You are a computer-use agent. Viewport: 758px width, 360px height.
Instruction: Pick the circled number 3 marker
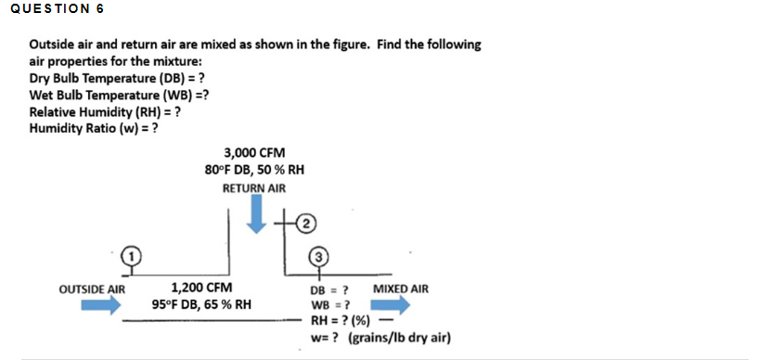coord(319,254)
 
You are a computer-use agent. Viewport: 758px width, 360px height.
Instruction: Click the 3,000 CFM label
coord(254,152)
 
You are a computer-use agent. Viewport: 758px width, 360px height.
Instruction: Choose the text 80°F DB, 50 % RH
coord(254,170)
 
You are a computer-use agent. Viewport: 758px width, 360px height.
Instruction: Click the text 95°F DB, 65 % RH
coord(201,304)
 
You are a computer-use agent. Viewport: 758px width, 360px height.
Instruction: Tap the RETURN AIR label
coord(254,188)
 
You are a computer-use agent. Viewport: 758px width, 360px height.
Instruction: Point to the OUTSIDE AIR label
coord(92,289)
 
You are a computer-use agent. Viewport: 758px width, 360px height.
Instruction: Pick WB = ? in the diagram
coord(329,304)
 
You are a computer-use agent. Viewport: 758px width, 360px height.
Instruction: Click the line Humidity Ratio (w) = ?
coord(93,128)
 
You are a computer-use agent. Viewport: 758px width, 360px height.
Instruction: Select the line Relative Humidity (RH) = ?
coord(105,111)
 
